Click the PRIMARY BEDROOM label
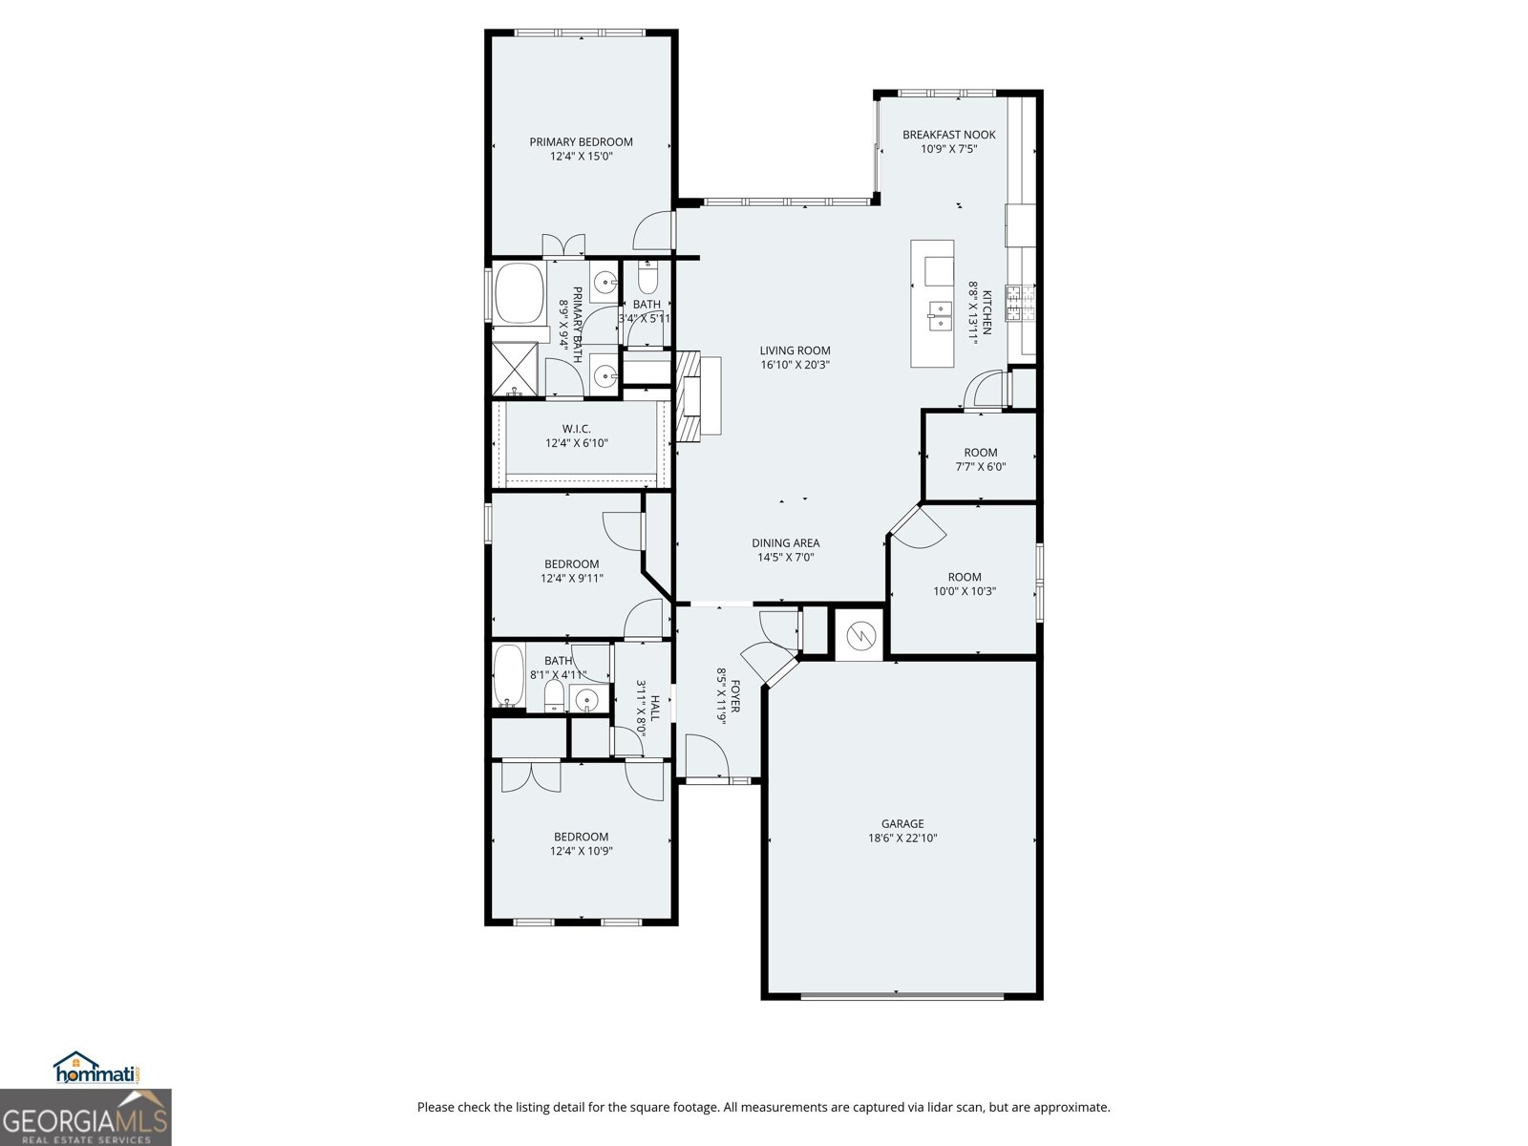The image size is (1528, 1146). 581,142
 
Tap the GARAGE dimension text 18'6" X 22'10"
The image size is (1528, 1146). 902,838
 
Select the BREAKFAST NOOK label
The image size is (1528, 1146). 948,135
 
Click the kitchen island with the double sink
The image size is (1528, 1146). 932,304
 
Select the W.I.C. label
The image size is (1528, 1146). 576,429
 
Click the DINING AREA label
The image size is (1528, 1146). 785,543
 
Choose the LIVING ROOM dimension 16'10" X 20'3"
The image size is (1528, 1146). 795,365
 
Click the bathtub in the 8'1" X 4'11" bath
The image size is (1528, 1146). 509,676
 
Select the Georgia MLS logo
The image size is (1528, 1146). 86,1117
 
